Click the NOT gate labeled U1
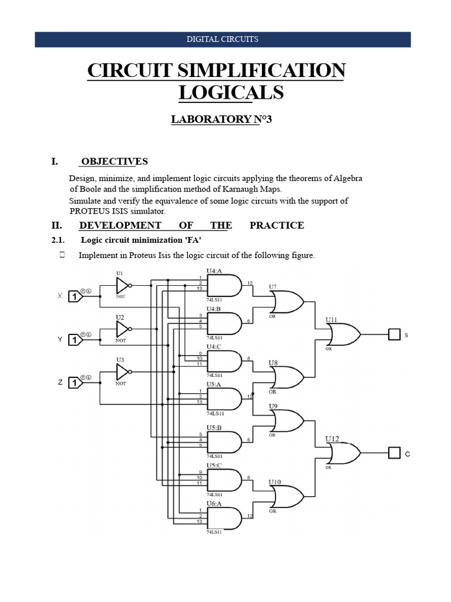tap(123, 286)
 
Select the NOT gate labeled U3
tap(123, 372)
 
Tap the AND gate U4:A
tap(225, 286)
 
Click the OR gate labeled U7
tap(286, 303)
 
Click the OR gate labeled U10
tap(286, 497)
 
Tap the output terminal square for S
tap(393, 335)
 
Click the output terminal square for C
tap(393, 453)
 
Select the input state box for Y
tap(75, 340)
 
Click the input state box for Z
tap(75, 383)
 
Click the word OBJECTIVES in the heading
tap(115, 162)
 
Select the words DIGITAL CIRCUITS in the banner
tap(223, 39)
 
